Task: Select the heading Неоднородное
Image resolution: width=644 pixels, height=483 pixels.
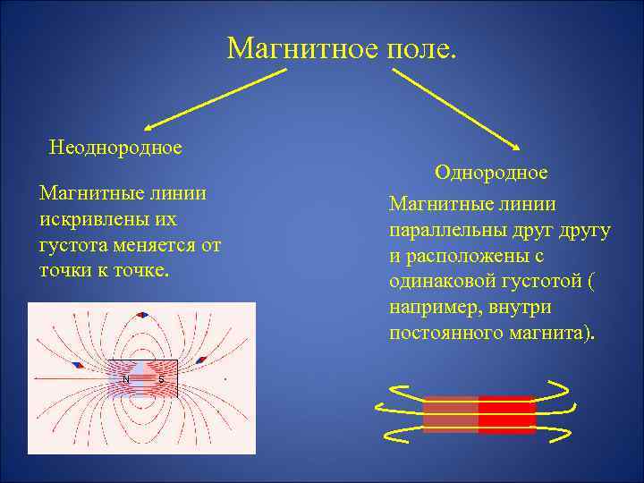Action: point(115,147)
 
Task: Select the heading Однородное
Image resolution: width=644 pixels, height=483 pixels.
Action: point(491,171)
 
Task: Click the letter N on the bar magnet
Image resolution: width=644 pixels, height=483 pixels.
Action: point(126,379)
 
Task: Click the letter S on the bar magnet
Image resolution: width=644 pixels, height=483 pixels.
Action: point(161,379)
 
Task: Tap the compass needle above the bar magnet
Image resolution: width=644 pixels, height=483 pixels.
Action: point(142,315)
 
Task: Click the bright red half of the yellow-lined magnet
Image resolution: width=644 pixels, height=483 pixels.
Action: point(506,415)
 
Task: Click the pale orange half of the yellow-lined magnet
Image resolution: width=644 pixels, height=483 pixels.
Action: point(450,415)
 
